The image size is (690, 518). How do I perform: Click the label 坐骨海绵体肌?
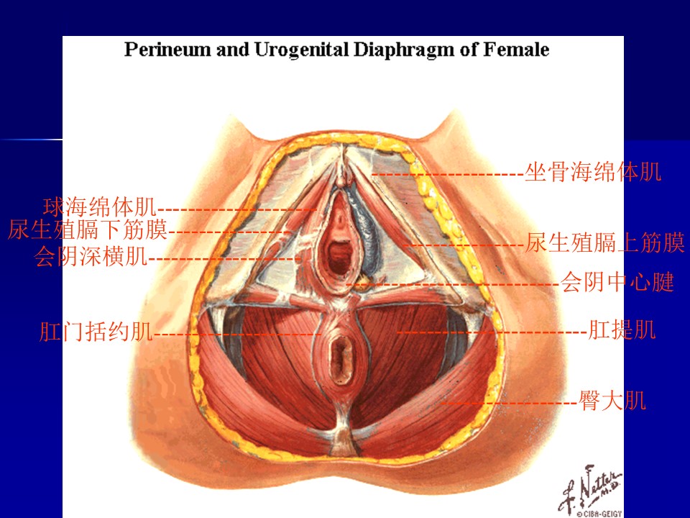[x=594, y=173]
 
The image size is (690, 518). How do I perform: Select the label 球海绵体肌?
[x=100, y=208]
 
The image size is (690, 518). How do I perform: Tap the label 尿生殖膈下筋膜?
[x=88, y=230]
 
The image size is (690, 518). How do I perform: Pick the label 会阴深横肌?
[x=91, y=256]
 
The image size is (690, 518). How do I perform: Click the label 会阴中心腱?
[x=617, y=282]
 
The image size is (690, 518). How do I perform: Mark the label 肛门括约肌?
[x=96, y=332]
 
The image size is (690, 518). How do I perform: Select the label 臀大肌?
[x=612, y=401]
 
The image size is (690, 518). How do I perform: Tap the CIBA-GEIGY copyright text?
[x=599, y=513]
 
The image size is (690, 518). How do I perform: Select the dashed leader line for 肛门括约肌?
[x=237, y=334]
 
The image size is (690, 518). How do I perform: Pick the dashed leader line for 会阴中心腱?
[x=453, y=284]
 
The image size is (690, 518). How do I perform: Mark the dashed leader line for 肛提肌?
[x=492, y=332]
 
